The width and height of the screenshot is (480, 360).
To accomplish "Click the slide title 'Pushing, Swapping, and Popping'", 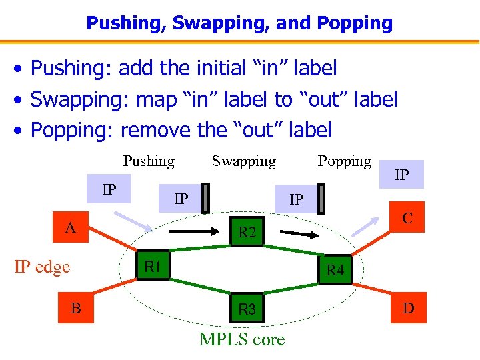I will [239, 23].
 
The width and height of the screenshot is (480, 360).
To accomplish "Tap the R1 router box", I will [153, 267].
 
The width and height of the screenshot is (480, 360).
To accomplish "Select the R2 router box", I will [247, 232].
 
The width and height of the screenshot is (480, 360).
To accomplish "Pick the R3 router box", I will [247, 309].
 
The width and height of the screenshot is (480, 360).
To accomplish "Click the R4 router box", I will [335, 270].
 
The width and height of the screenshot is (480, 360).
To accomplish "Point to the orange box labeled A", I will [70, 229].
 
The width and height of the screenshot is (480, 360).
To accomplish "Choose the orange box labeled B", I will [76, 308].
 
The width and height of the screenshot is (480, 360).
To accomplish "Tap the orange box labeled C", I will [407, 219].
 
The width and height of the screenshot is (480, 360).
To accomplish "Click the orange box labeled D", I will [408, 308].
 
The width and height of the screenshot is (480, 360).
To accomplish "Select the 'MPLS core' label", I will [242, 339].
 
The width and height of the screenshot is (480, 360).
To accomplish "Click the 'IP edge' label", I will [42, 267].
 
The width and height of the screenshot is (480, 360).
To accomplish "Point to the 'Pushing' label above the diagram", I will [149, 161].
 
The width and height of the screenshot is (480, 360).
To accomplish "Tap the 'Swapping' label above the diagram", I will [243, 161].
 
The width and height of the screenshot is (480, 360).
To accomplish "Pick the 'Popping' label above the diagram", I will [344, 161].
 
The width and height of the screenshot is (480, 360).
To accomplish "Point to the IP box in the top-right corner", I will [401, 176].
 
